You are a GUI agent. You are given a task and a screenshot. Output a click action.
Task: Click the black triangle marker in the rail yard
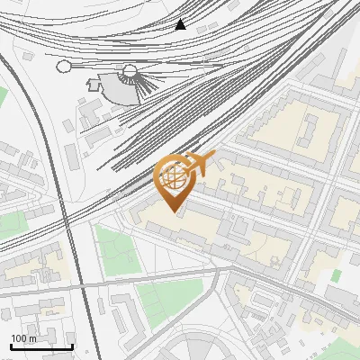[x=181, y=24]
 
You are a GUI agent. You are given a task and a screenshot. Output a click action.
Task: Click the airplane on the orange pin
[x=199, y=164]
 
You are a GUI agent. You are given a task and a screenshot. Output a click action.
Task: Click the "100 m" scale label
[x=24, y=338]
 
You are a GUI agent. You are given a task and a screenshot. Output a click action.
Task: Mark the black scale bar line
[x=41, y=346]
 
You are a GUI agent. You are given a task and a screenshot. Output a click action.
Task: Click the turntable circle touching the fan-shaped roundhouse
[x=130, y=70]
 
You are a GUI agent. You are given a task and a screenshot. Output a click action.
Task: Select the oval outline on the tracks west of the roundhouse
[x=64, y=66]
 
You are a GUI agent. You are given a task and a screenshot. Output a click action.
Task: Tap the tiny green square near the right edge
[x=337, y=274]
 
